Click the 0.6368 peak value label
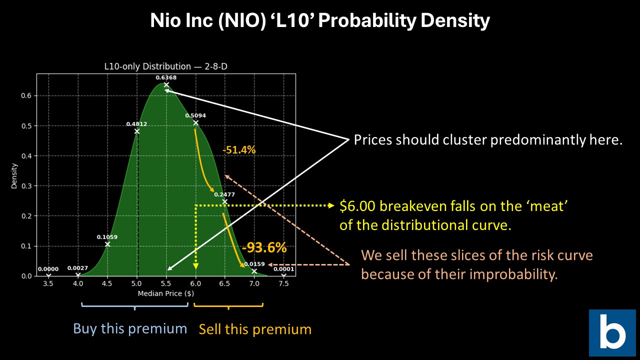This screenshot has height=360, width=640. pos(166,77)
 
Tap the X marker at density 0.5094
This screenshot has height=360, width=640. pos(195,122)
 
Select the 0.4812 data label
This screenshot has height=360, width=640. pos(136,124)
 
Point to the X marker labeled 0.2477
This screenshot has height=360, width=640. pos(225,202)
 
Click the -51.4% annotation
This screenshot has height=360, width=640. pos(239,149)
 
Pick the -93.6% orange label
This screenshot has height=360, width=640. pos(264,247)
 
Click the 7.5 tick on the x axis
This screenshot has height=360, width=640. pos(283,283)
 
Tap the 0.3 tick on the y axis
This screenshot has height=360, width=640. pos(28,186)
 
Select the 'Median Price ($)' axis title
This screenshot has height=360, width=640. pos(165,293)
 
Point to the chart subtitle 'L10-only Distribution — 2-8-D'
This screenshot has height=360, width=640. pos(165,66)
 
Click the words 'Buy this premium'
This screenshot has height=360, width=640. pos(130,328)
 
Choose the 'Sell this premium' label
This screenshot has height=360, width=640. pos(255,329)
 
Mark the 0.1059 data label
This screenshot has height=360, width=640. pos(107,237)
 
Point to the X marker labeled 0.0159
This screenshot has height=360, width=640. pos(254,271)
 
